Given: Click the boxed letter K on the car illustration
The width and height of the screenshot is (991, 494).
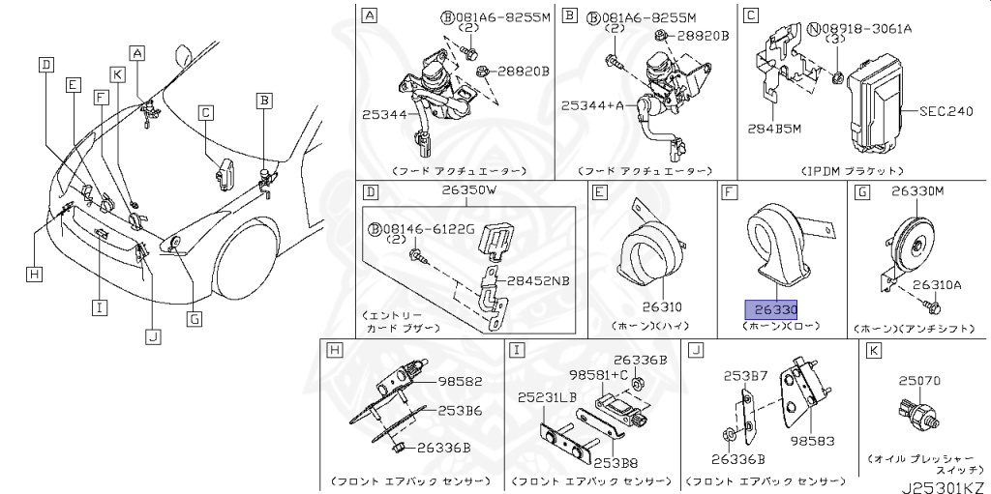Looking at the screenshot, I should pyautogui.click(x=117, y=73).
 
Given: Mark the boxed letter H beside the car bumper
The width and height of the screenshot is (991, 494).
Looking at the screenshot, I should pyautogui.click(x=35, y=275).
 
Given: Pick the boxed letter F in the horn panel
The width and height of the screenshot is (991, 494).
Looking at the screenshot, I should pyautogui.click(x=728, y=193).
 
